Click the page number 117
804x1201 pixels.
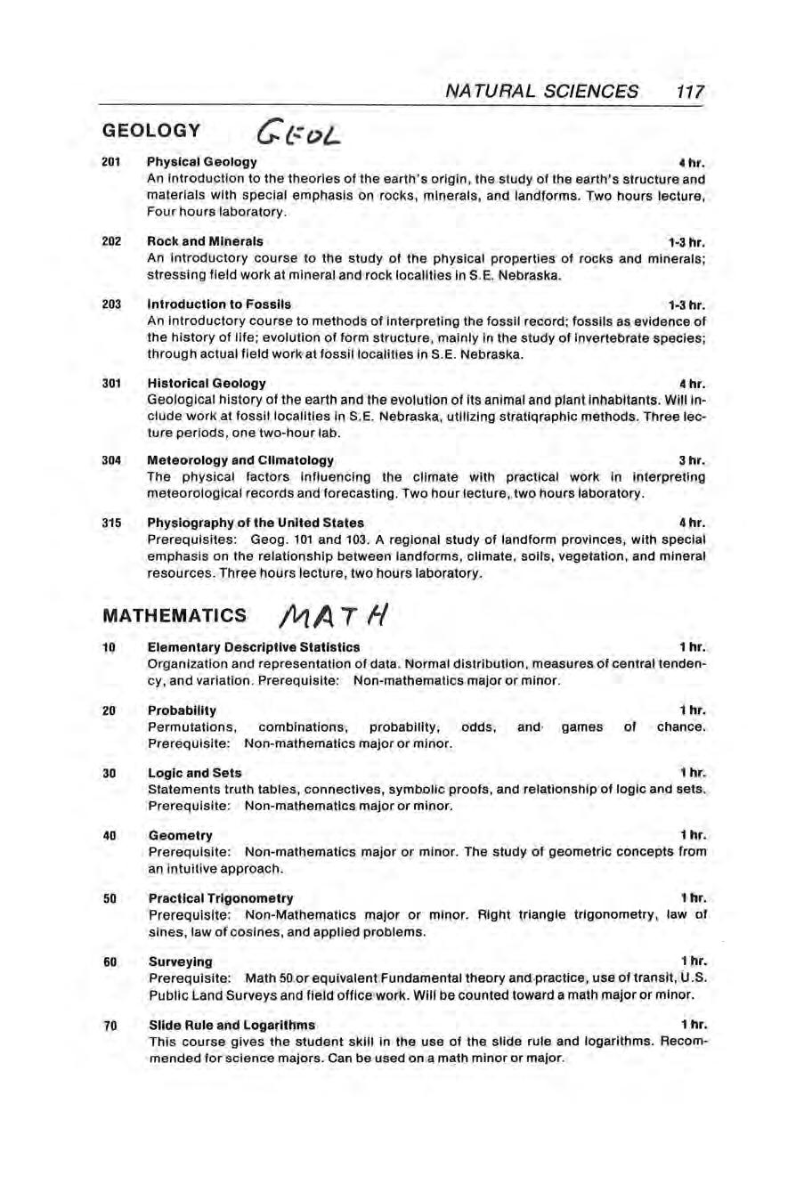[x=689, y=91]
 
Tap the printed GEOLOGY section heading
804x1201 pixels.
[x=152, y=131]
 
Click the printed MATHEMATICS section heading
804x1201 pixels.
[x=175, y=615]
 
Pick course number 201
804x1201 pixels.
[x=111, y=162]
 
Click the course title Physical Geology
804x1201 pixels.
[x=201, y=162]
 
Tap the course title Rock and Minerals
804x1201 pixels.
[x=205, y=241]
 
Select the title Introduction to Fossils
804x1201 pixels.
[x=218, y=304]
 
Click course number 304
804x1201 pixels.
[x=111, y=460]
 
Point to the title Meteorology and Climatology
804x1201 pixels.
[x=240, y=460]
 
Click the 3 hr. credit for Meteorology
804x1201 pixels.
[x=692, y=460]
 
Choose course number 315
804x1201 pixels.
[x=111, y=523]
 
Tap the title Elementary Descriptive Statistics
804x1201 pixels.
[x=253, y=647]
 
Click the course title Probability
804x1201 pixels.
[x=182, y=710]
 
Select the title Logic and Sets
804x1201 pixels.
[x=194, y=773]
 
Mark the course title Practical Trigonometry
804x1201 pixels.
[x=220, y=898]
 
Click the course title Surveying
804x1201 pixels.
[x=180, y=962]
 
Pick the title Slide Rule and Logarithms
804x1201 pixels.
[x=231, y=1025]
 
